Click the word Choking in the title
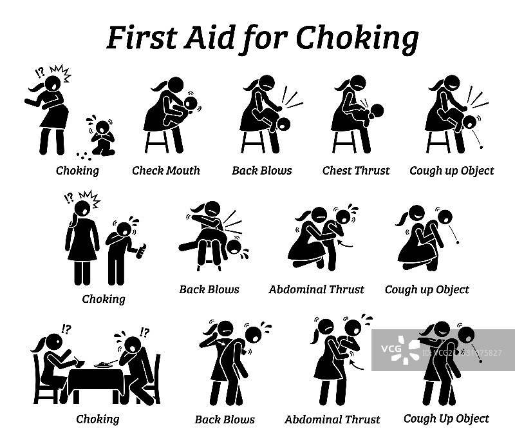357,39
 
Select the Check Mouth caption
166,171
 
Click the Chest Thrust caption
356,171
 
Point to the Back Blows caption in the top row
262,171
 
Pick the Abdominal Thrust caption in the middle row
316,289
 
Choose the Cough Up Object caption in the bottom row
446,419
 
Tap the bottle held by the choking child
142,251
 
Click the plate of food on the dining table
103,365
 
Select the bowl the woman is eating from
80,363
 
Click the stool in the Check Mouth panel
157,142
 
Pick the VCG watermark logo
401,349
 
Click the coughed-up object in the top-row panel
482,148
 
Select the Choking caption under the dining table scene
98,419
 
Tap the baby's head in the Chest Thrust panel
377,111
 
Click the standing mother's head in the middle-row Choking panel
82,208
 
